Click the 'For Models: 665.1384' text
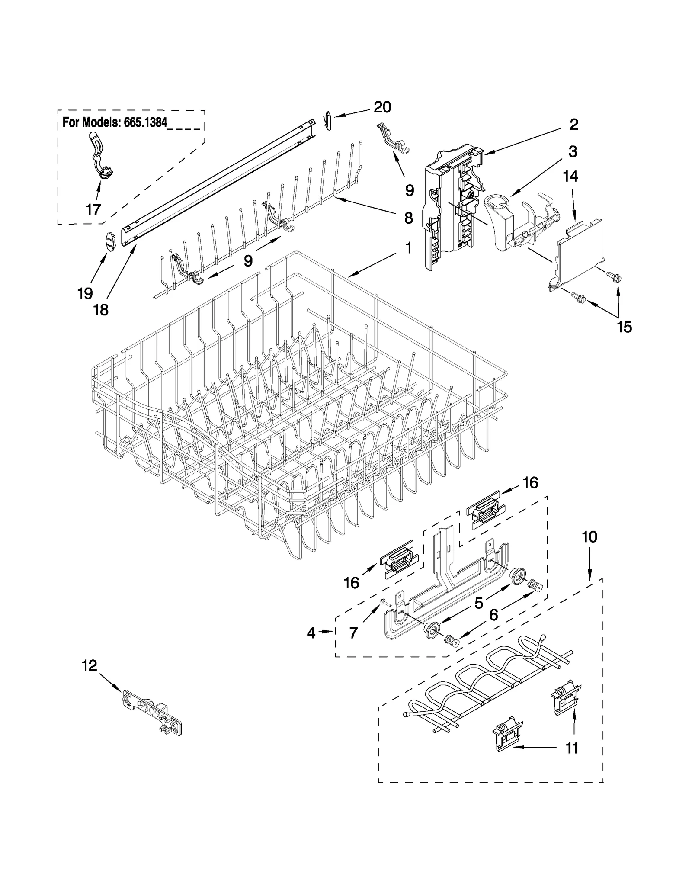click(115, 122)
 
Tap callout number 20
click(382, 107)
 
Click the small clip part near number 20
click(328, 120)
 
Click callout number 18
click(101, 310)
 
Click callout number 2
click(573, 125)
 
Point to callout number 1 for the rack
click(408, 248)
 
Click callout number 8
click(408, 218)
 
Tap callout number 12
click(90, 665)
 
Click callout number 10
click(589, 537)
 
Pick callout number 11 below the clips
click(572, 748)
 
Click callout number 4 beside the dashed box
click(311, 633)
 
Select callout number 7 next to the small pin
click(353, 633)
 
